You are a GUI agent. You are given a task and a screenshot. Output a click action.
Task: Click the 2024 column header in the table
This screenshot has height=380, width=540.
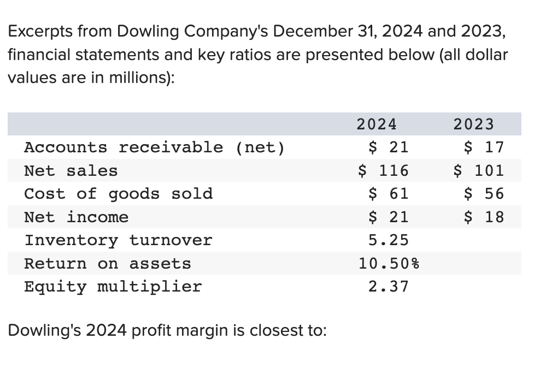tap(377, 124)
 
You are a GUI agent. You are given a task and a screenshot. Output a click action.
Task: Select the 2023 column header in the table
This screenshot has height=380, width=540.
tap(473, 124)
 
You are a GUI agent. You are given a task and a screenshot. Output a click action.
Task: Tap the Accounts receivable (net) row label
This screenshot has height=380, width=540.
tap(155, 147)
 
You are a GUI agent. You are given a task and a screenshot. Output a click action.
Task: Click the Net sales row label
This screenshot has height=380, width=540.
tap(71, 171)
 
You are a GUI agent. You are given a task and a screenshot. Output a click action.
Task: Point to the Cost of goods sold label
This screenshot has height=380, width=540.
tap(119, 194)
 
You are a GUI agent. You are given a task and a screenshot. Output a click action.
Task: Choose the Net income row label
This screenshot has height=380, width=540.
tap(77, 217)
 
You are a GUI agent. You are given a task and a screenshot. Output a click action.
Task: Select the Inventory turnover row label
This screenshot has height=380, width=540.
tap(119, 240)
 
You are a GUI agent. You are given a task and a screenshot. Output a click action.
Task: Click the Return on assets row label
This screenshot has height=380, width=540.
tap(108, 264)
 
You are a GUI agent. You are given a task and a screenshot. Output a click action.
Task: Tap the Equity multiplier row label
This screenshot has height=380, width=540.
tap(113, 287)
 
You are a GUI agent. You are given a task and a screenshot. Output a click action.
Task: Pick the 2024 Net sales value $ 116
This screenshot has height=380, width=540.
tap(383, 171)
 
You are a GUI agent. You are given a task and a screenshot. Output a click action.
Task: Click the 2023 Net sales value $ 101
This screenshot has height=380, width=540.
tap(479, 171)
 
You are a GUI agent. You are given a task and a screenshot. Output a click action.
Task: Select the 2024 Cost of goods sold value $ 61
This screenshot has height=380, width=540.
tap(388, 194)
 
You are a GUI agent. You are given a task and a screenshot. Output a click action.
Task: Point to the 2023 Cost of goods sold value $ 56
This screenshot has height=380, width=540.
tap(484, 194)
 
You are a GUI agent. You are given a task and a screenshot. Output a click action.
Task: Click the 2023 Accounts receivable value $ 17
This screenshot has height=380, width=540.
tap(484, 147)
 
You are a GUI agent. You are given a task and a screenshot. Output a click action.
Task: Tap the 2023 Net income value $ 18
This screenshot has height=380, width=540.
tap(484, 217)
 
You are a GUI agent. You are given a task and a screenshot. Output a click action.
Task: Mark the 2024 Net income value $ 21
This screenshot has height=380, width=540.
tap(388, 217)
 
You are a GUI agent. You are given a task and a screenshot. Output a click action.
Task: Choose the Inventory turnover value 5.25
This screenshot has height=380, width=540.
tap(388, 240)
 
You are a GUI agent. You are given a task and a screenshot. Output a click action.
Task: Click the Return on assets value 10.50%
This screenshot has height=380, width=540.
tap(389, 264)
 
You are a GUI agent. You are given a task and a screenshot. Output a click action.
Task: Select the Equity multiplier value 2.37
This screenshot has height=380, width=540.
tap(388, 287)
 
